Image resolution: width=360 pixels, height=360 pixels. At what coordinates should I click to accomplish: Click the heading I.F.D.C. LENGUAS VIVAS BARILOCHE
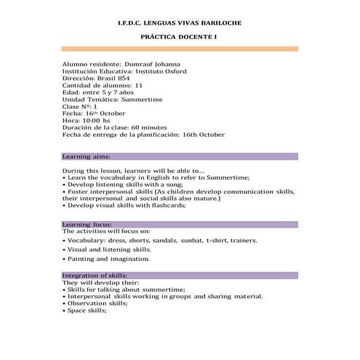tap(179, 23)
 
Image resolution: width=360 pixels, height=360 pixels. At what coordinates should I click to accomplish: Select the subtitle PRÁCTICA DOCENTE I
tap(179, 36)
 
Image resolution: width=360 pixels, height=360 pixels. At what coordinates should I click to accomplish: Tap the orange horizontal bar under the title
tap(180, 49)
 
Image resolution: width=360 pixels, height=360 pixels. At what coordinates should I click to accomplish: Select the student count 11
tap(138, 85)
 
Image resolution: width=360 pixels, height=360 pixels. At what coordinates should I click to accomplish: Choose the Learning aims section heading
tap(87, 156)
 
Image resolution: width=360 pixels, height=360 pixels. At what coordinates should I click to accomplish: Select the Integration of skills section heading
tap(95, 275)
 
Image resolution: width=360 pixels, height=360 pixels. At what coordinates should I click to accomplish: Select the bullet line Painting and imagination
tap(109, 258)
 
